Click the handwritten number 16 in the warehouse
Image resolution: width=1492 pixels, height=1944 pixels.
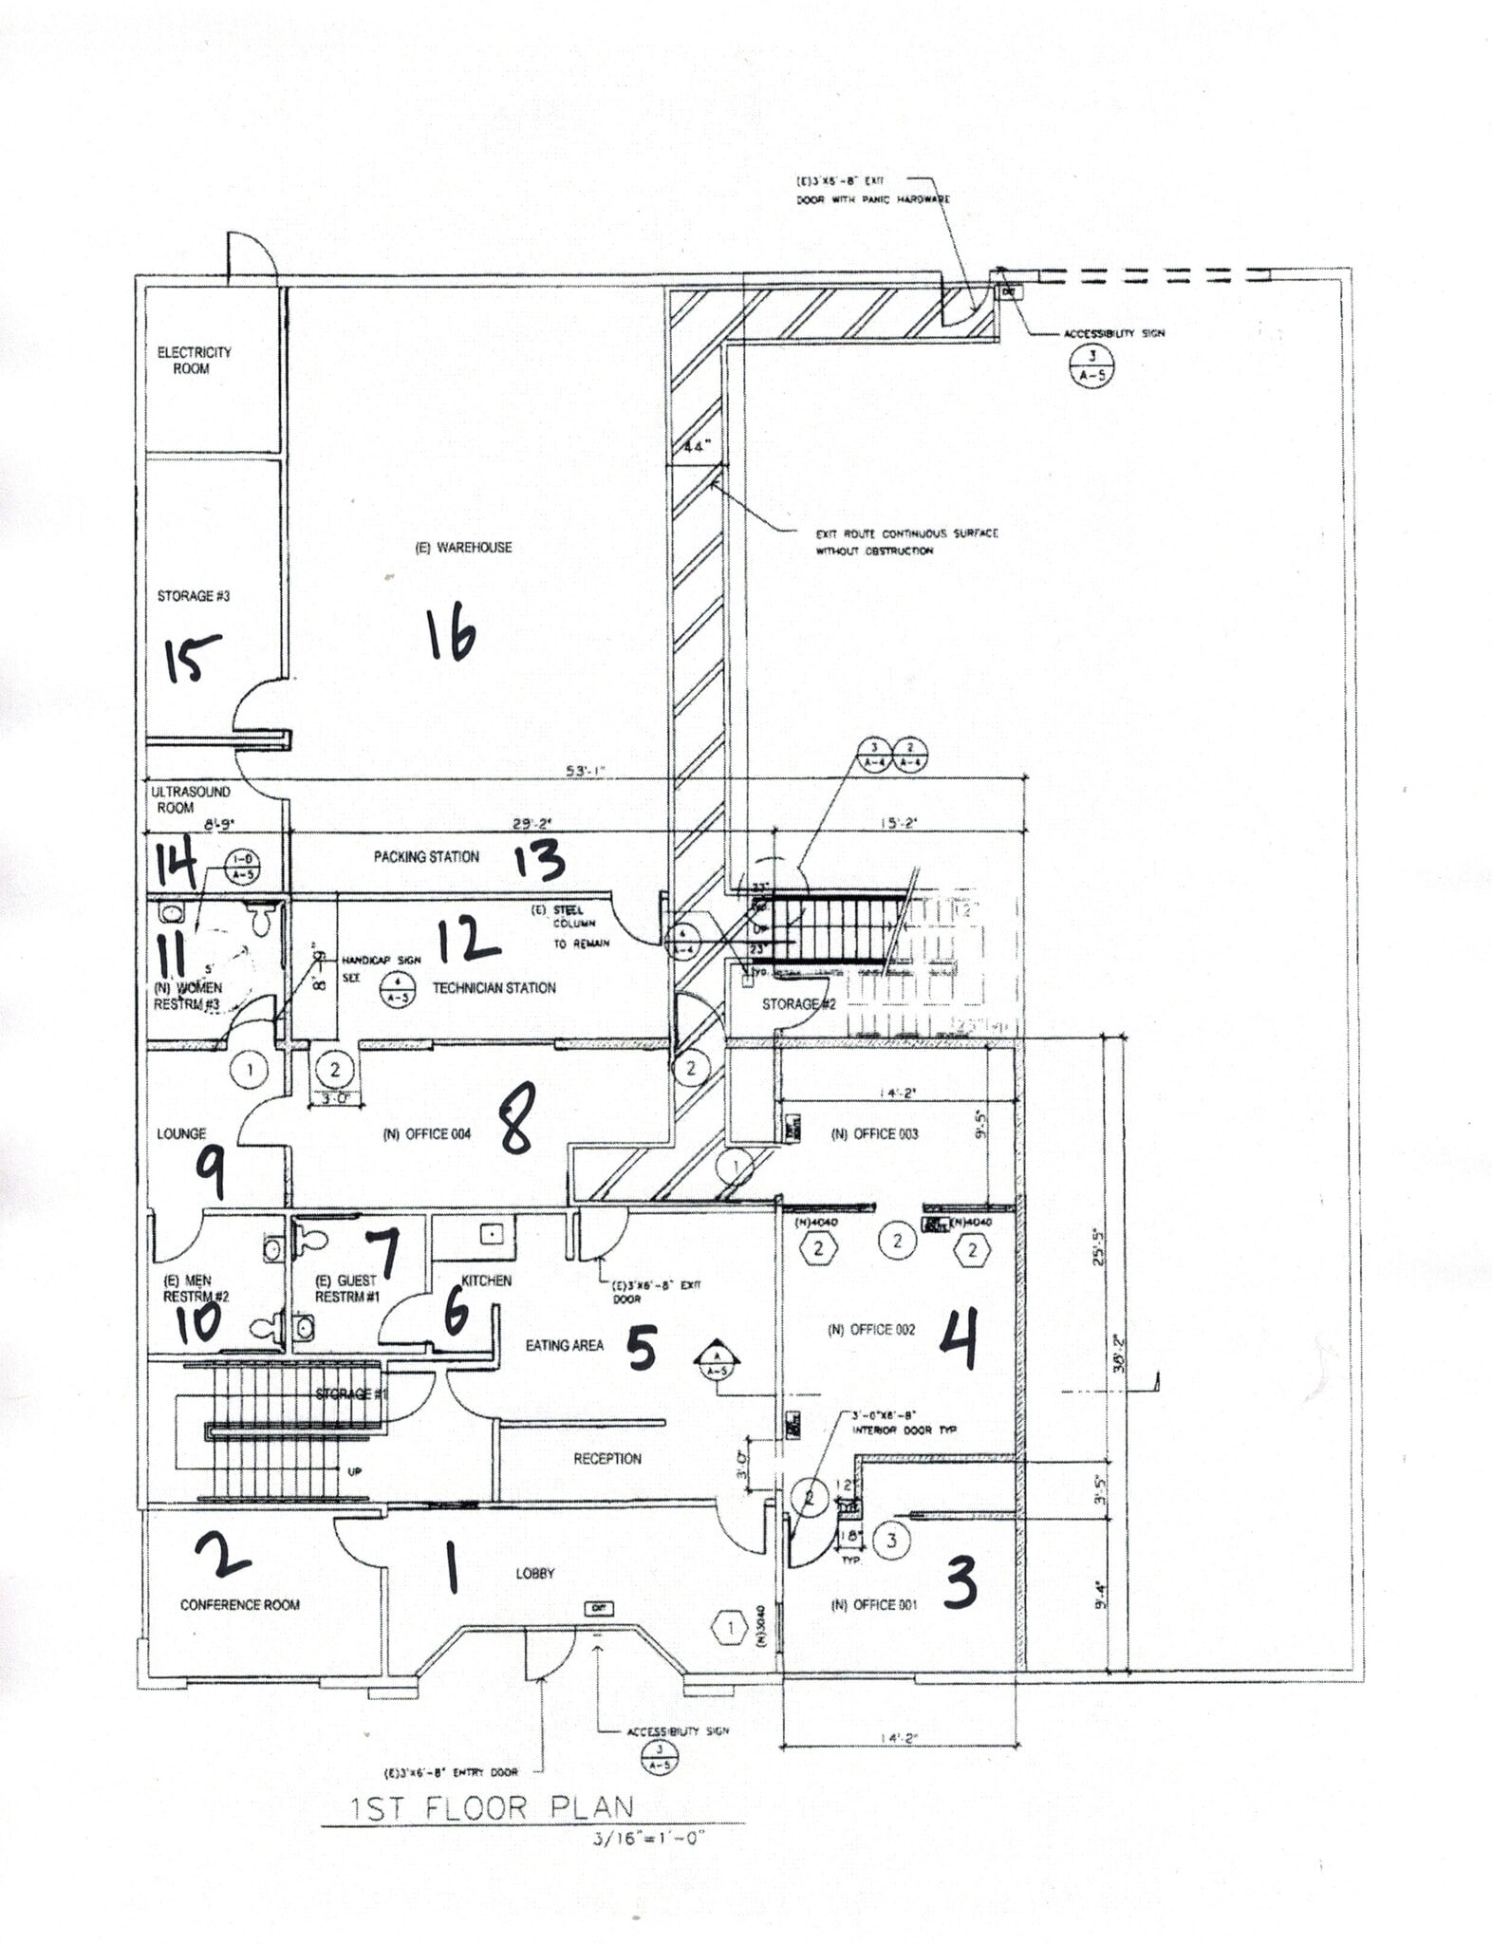click(x=451, y=635)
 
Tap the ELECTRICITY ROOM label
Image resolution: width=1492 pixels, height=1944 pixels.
click(x=194, y=360)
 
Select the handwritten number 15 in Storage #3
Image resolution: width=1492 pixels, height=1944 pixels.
click(x=193, y=658)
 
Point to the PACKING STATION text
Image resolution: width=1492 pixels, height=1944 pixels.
click(x=426, y=856)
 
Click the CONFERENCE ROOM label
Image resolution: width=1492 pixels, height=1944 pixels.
click(x=239, y=1605)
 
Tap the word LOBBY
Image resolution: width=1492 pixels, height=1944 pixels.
click(x=534, y=1573)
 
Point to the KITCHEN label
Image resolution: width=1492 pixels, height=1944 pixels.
click(x=486, y=1280)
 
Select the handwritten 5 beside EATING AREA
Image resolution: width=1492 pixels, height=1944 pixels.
click(x=642, y=1347)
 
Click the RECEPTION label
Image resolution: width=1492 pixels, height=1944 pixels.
click(x=606, y=1459)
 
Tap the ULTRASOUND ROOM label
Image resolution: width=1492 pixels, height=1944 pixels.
click(x=190, y=799)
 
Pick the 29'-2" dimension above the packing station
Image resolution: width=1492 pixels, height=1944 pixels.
click(x=532, y=825)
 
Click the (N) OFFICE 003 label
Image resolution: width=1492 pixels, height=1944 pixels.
click(x=874, y=1133)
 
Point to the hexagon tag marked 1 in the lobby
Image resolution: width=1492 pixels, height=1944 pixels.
click(x=730, y=1629)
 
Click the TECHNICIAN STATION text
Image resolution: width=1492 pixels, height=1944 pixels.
click(x=494, y=988)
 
